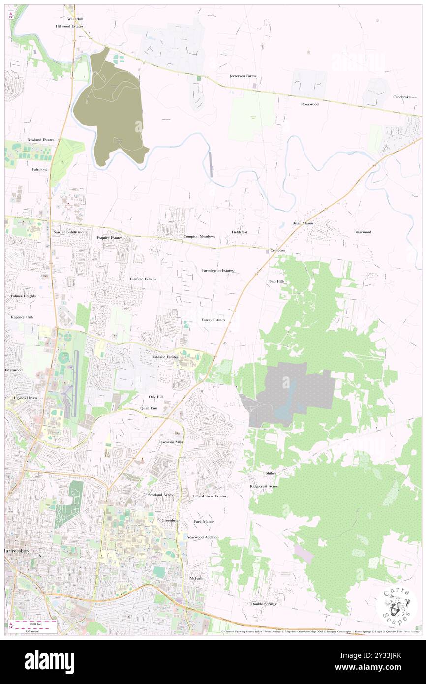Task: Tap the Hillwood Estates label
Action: [x=69, y=26]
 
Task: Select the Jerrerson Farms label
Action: [x=243, y=76]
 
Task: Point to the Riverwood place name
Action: [x=310, y=104]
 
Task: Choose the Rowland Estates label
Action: [x=40, y=140]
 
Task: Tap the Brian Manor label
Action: [x=303, y=223]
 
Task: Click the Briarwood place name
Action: [x=363, y=232]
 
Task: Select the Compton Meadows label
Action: [x=199, y=236]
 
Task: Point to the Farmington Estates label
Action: [x=217, y=270]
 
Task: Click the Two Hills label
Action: [x=276, y=281]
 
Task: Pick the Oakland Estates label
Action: [x=165, y=356]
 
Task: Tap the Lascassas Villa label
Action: [x=170, y=442]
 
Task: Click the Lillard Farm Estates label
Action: [x=210, y=496]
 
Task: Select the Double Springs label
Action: [x=264, y=603]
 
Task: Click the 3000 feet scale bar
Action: [x=34, y=622]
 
